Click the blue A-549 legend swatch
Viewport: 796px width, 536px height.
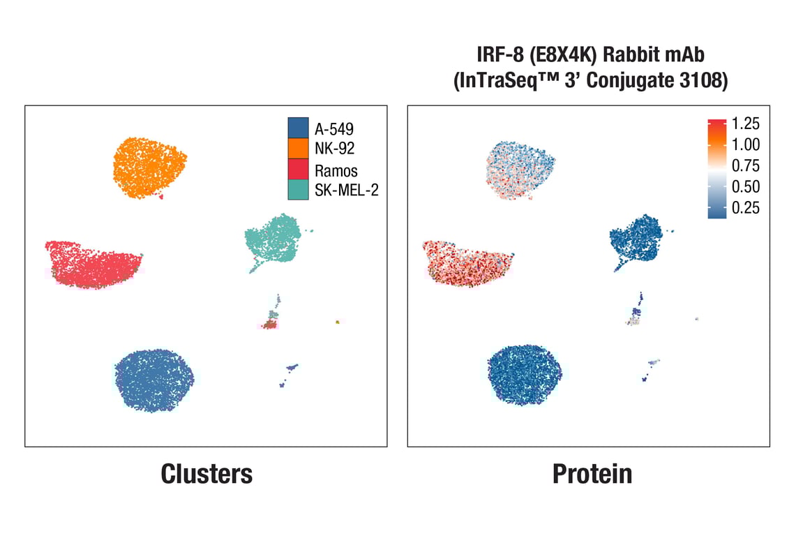coord(298,128)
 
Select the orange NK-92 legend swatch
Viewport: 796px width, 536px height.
coord(298,148)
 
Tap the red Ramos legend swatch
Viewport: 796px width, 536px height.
coord(298,170)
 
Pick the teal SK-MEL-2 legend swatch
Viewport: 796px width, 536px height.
coord(298,189)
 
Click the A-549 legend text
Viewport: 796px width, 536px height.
coord(333,129)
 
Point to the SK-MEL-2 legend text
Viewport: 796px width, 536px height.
coord(346,190)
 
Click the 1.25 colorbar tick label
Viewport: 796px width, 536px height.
coord(746,124)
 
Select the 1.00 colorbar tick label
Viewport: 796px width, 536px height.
coord(746,145)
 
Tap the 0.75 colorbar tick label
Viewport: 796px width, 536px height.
coord(746,166)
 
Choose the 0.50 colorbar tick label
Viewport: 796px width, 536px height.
coord(746,187)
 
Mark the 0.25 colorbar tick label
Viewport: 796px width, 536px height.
coord(746,208)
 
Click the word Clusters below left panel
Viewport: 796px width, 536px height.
coord(206,474)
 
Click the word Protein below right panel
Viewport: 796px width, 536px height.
coord(592,474)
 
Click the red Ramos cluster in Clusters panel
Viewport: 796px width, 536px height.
coord(93,264)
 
